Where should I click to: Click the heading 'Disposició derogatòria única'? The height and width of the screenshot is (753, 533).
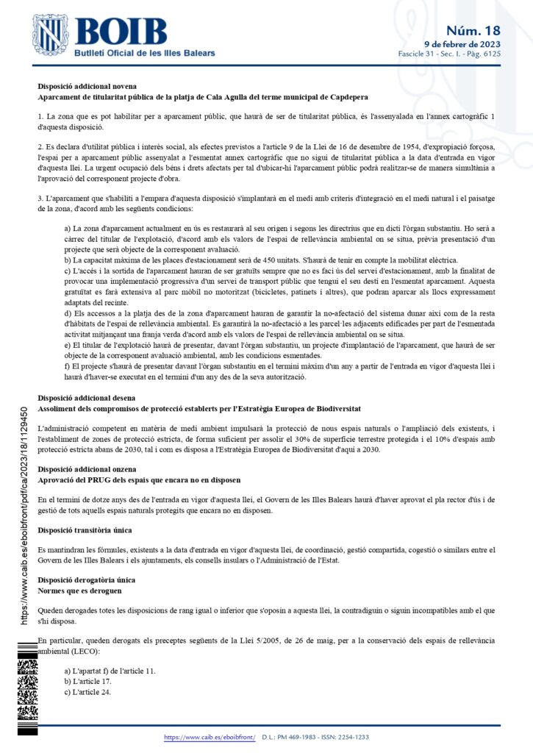coord(85,579)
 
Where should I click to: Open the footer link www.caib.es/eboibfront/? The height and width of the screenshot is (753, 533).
coord(210,737)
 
